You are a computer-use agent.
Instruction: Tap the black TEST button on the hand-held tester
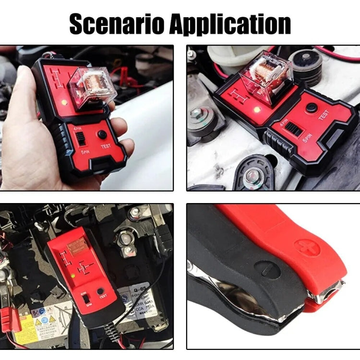point(102,135)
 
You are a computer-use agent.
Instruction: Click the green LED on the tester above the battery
point(72,276)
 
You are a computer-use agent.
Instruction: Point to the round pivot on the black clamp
point(266,269)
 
